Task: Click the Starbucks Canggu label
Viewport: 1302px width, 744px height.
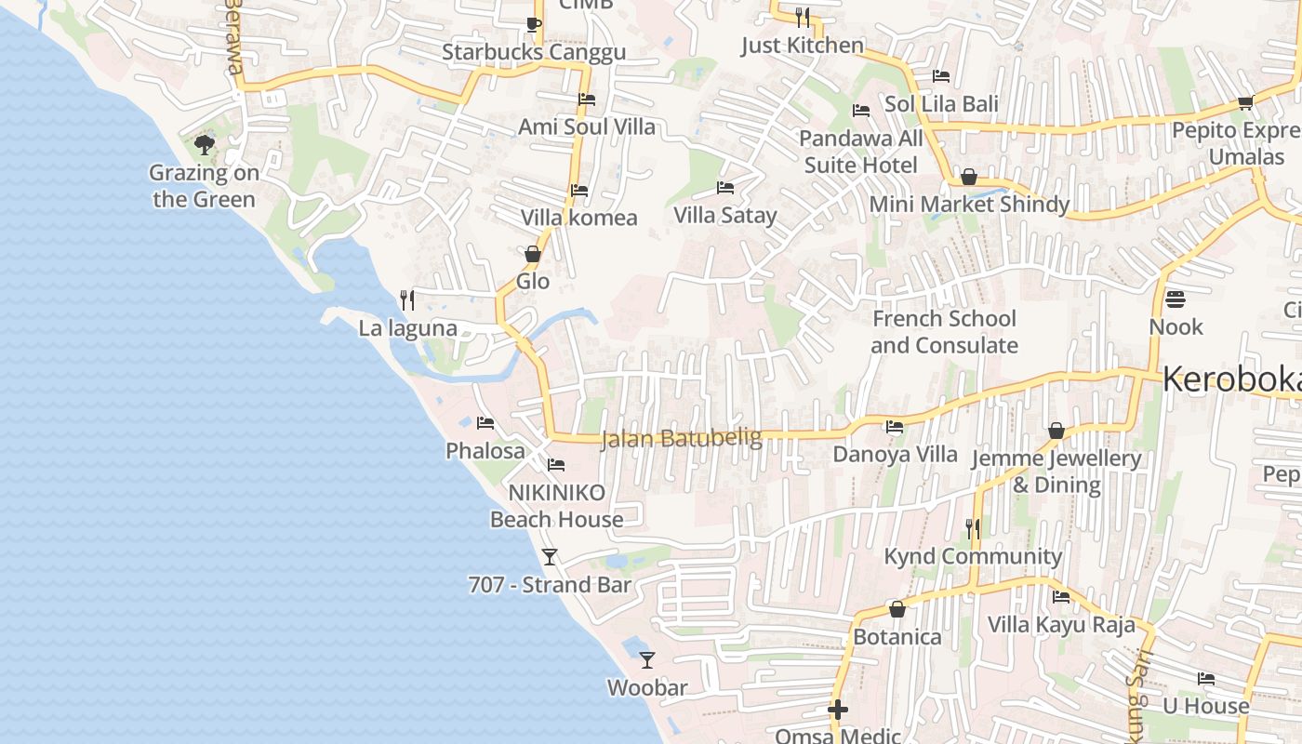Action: (534, 52)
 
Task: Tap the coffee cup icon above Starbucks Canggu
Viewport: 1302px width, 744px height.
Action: (533, 24)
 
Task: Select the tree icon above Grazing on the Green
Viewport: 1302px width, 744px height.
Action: (205, 145)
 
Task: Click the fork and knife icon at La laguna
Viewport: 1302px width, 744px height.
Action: (406, 299)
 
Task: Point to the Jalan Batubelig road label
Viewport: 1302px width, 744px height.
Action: (682, 438)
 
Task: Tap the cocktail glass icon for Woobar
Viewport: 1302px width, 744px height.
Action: (647, 660)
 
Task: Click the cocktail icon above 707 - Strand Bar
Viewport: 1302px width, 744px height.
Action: (550, 557)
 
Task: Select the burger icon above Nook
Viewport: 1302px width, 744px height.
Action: (1176, 299)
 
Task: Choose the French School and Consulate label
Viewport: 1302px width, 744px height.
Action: (944, 332)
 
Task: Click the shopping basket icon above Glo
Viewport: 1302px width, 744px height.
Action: (533, 254)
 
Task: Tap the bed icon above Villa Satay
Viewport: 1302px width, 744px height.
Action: (725, 188)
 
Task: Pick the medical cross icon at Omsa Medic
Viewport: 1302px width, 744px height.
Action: (838, 711)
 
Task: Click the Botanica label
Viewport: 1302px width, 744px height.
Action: (897, 637)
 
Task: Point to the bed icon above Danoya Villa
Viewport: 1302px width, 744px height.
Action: (895, 427)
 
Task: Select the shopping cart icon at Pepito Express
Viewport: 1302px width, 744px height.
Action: (1245, 102)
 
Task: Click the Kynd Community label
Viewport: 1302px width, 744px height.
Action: (973, 556)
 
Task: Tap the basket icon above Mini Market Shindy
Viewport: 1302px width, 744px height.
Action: (969, 177)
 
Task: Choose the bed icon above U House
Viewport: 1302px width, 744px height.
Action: (1206, 679)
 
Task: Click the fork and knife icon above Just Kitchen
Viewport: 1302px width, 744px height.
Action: (803, 17)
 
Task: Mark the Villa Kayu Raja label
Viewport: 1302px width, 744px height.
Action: (1061, 624)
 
